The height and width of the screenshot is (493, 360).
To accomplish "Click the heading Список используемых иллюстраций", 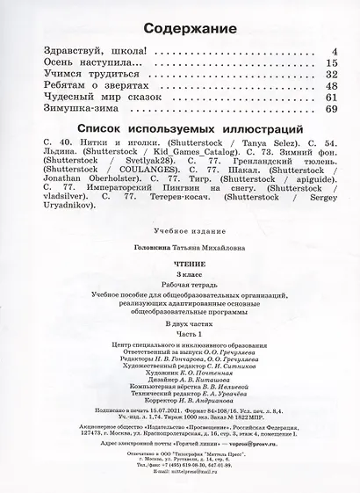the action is [179, 129].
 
